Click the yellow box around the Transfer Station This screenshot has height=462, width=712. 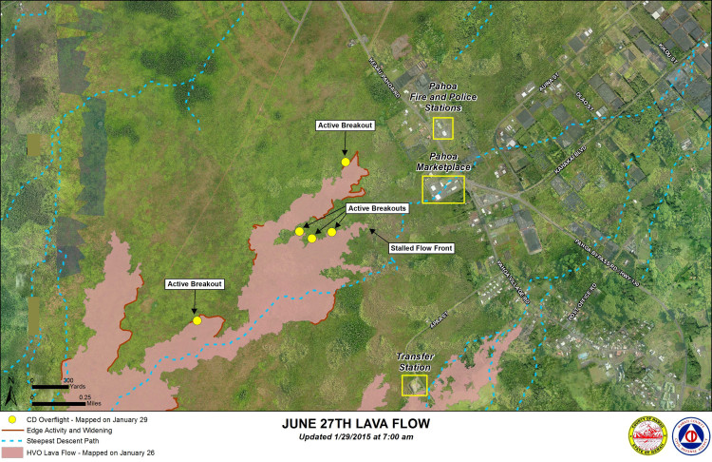click(414, 385)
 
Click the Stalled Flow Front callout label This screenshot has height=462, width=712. click(422, 248)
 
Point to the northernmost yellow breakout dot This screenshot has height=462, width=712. click(345, 163)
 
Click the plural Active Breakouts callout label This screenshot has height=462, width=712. click(377, 208)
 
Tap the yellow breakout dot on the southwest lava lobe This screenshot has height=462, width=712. click(197, 320)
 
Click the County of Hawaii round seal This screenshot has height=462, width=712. click(647, 436)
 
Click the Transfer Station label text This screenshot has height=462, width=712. click(414, 362)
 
